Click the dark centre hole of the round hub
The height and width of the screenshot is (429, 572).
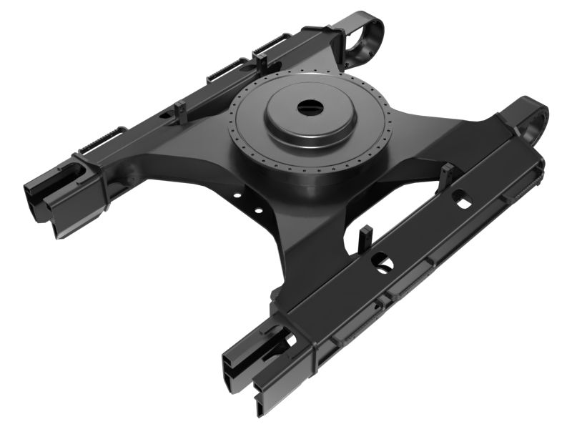click(310, 108)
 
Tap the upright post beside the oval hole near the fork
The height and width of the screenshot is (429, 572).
click(365, 237)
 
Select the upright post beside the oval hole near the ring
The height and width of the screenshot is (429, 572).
click(448, 174)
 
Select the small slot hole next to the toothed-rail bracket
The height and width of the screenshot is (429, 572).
click(166, 114)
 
